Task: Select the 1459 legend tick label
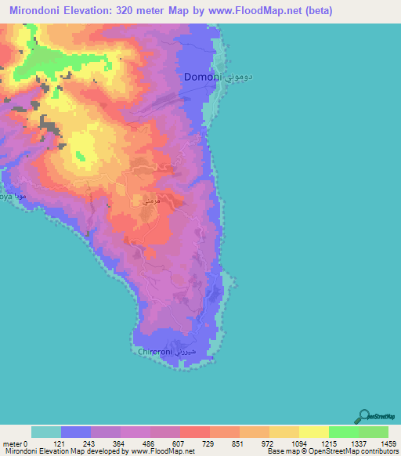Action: [388, 443]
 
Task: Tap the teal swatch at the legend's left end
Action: [46, 432]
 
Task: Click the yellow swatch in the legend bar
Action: [313, 432]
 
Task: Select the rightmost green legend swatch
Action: [373, 432]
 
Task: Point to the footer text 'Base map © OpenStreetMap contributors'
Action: [329, 452]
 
